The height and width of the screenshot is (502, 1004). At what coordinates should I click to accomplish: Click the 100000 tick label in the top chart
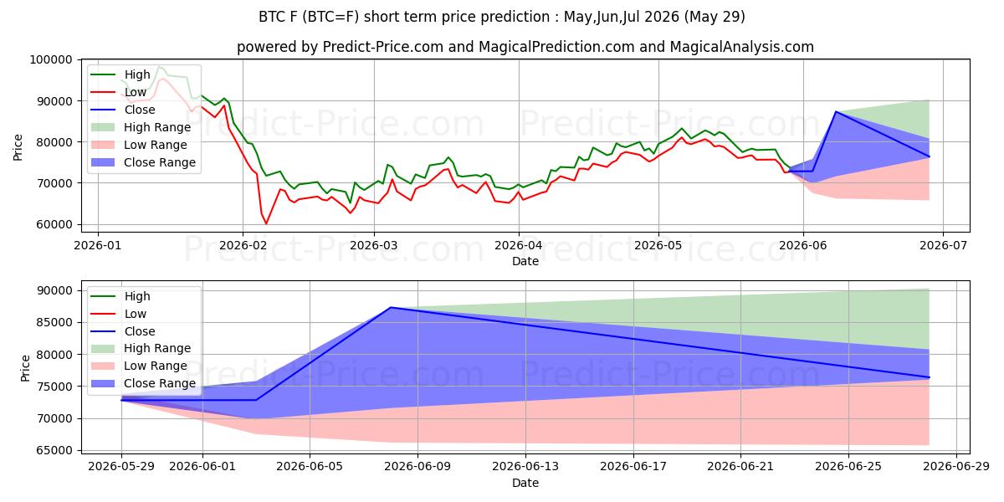click(x=51, y=59)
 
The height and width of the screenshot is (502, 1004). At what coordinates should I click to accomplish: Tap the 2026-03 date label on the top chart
click(x=374, y=246)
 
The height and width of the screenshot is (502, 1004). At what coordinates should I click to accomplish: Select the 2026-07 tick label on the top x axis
click(x=943, y=246)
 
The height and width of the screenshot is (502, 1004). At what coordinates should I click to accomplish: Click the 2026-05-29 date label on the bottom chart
click(x=121, y=467)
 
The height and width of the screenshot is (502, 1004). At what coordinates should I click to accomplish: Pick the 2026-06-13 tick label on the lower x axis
click(x=525, y=467)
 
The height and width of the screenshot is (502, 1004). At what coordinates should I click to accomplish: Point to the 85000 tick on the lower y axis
click(x=54, y=323)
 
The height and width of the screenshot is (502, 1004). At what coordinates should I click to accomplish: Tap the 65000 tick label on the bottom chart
click(x=54, y=450)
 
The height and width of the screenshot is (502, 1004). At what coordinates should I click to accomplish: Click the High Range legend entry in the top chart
click(x=141, y=127)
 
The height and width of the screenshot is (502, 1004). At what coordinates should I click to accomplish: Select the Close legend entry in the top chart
click(x=123, y=110)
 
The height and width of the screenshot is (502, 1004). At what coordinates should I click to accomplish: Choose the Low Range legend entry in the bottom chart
click(x=139, y=366)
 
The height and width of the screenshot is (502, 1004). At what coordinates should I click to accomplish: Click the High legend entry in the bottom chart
click(x=120, y=296)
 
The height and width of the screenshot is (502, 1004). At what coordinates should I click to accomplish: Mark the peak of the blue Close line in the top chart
click(x=836, y=111)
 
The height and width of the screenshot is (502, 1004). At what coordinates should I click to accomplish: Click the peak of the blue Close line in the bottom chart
click(x=391, y=308)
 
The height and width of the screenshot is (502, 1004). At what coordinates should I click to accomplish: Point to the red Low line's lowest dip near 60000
click(x=266, y=223)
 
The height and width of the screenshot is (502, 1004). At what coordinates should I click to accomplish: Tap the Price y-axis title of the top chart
click(x=18, y=147)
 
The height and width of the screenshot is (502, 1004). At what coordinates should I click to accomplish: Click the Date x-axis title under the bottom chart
click(x=525, y=484)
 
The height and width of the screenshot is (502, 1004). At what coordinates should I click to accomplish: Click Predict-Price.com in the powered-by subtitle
click(x=383, y=47)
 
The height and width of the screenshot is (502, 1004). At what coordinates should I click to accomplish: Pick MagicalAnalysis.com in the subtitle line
click(x=742, y=47)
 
